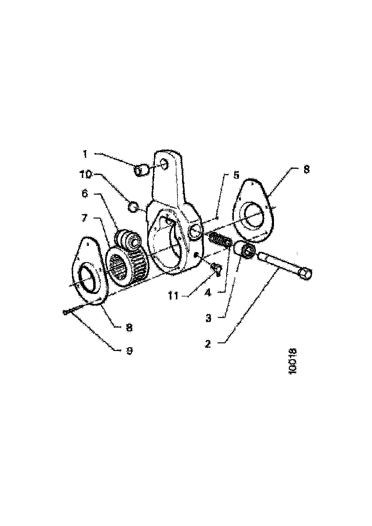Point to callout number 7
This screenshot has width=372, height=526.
(84, 218)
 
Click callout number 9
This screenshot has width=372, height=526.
(130, 350)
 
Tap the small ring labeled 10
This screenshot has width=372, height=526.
(134, 207)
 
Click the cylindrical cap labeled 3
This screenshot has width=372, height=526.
(246, 250)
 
